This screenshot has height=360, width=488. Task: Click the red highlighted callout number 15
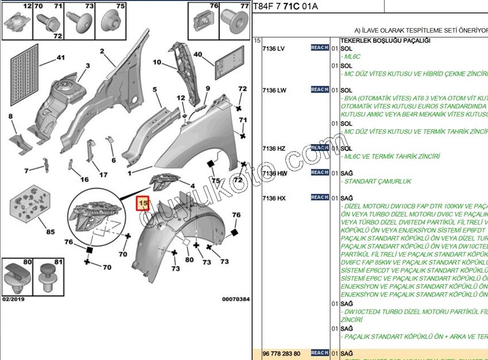(142, 203)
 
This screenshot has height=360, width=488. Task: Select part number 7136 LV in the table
(273, 48)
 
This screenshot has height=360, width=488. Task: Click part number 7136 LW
(274, 90)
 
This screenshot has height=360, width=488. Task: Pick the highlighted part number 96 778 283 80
(281, 353)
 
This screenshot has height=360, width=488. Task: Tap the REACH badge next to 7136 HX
(319, 197)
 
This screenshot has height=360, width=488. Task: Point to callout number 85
(51, 232)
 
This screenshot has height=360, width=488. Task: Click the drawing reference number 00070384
(235, 299)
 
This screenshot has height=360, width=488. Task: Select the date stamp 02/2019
(14, 299)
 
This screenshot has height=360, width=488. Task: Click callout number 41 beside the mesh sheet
(60, 57)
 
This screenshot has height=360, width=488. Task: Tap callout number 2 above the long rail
(102, 51)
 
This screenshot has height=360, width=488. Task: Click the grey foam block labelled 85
(28, 204)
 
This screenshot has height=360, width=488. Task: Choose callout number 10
(157, 62)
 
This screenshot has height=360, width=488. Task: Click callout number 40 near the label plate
(197, 55)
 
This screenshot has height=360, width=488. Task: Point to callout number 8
(10, 117)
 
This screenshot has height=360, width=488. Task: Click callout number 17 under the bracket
(103, 175)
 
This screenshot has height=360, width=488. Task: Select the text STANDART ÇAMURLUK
(377, 181)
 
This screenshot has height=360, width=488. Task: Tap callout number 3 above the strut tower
(87, 66)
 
